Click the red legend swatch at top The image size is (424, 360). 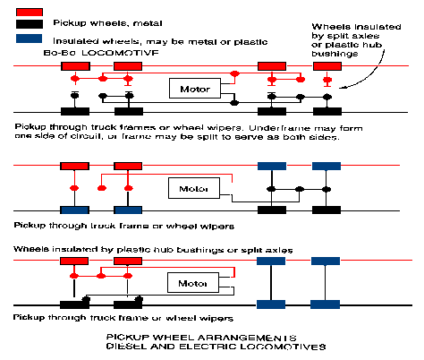point(30,13)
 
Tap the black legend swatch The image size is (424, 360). point(30,24)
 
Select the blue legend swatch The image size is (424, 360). point(29,39)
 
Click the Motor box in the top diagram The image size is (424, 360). point(195,89)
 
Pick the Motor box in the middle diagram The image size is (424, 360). point(194,188)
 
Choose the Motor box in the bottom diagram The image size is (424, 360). point(193,283)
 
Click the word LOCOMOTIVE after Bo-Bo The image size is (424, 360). point(120,53)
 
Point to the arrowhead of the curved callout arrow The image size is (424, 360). point(340,88)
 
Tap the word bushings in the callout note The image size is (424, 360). point(335,54)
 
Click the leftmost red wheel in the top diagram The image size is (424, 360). point(75,66)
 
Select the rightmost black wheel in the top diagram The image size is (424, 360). point(327,112)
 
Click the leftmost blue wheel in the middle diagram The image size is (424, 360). point(74,210)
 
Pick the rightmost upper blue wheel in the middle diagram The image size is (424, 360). point(326,166)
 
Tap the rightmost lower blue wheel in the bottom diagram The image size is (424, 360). point(325,304)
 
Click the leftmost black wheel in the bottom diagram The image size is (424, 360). point(74,304)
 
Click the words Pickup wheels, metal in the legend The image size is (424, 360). point(107,23)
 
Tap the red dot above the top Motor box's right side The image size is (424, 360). point(235,73)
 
